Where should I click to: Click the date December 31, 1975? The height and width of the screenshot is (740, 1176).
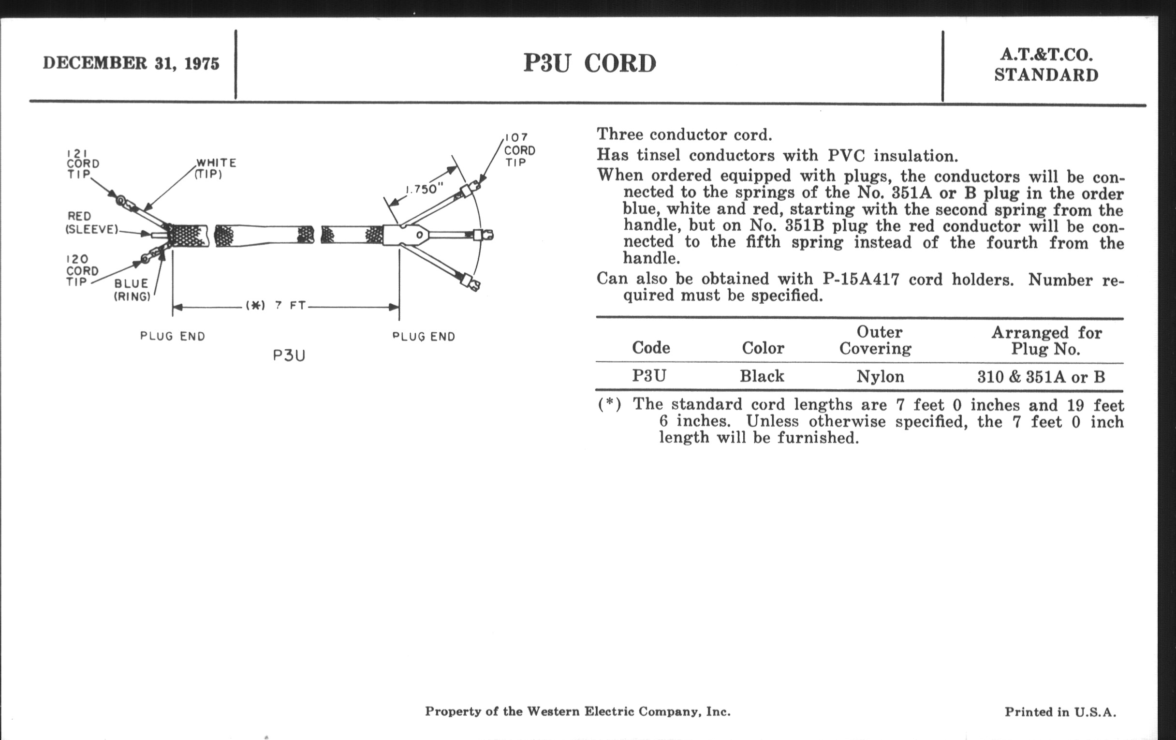coord(131,63)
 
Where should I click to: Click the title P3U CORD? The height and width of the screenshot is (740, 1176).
coord(589,63)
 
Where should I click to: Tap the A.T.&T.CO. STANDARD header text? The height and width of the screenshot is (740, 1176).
coord(1046,64)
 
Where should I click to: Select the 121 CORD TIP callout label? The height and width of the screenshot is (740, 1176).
coord(82,163)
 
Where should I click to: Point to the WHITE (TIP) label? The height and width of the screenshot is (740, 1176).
coord(215,168)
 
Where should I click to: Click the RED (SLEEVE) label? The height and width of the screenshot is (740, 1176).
coord(91,223)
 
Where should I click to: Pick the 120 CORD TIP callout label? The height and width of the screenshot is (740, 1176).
coord(82,270)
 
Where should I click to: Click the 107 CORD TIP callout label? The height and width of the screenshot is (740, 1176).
coord(519,149)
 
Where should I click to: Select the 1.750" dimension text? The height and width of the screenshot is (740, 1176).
coord(424,189)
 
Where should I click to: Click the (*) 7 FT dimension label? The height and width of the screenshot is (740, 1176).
coord(276,306)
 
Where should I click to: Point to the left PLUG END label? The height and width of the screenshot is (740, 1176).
coord(173,336)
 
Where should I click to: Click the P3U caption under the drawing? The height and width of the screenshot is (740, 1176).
coord(289,355)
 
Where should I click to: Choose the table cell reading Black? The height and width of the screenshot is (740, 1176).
coord(762,376)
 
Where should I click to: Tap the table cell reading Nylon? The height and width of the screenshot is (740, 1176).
coord(880,377)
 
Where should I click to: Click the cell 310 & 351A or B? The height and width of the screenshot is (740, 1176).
coord(1041,377)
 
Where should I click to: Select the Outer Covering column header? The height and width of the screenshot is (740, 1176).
coord(875,340)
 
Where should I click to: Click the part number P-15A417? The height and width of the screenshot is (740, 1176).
coord(861,279)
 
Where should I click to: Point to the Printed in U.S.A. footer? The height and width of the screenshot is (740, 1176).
coord(1060,712)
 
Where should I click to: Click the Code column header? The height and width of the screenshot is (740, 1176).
coord(650,348)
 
